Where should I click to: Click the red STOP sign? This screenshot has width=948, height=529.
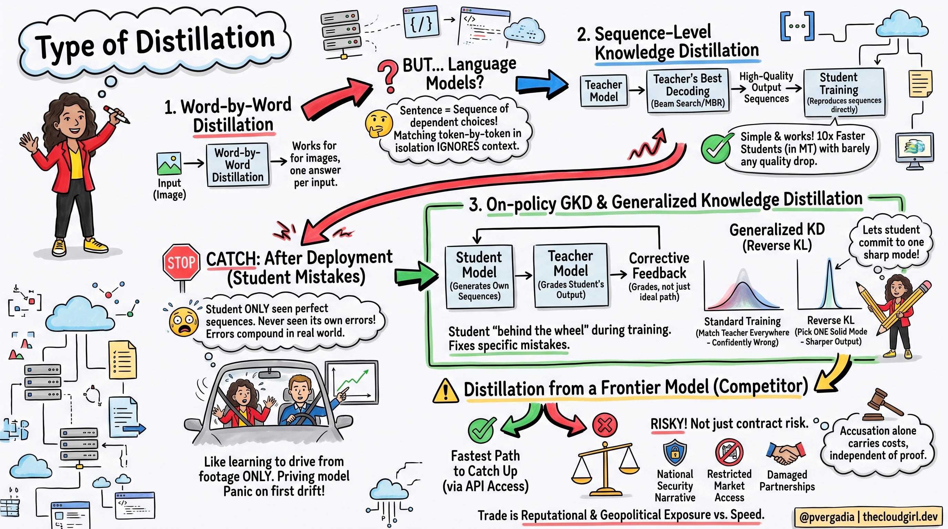tap(182, 262)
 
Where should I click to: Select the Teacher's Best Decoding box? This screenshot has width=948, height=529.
tap(688, 91)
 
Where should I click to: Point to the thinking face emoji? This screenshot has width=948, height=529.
tap(378, 124)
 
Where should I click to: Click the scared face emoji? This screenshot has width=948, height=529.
tap(183, 321)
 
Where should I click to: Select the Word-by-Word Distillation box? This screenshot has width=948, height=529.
tap(238, 165)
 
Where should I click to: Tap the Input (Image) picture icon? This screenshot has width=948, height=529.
tap(169, 163)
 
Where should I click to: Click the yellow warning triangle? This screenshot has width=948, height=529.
tap(445, 391)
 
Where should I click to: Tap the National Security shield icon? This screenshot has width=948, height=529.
tap(674, 452)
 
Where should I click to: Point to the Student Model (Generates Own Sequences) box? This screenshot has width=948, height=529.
tap(479, 277)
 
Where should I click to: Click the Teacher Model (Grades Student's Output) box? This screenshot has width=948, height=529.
tap(570, 275)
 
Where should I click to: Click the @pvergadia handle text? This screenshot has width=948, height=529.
tap(826, 517)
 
